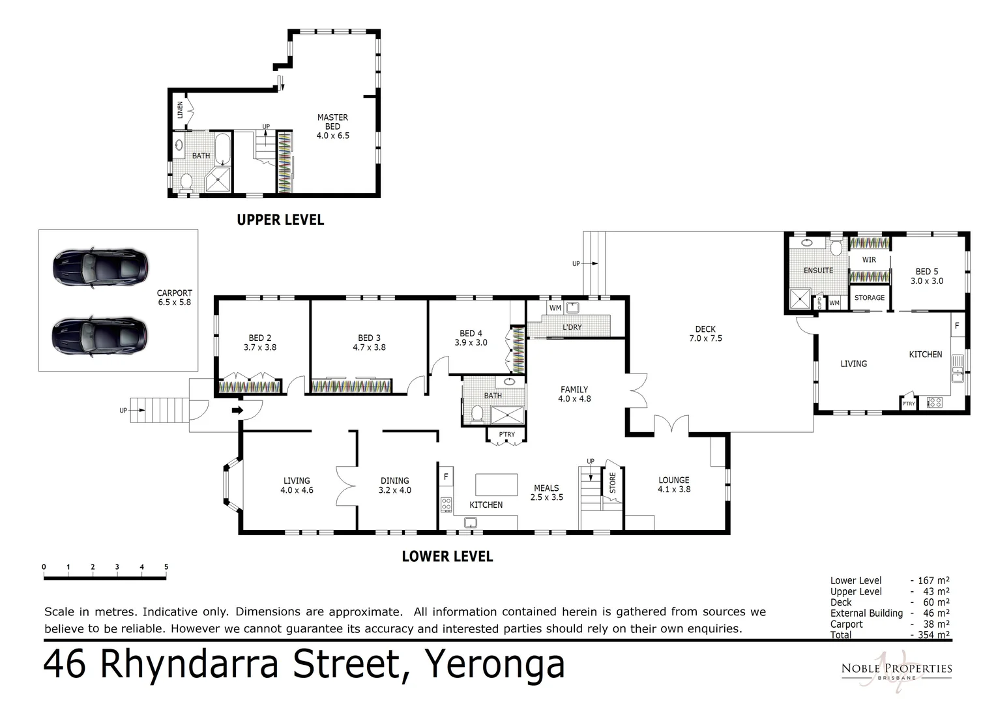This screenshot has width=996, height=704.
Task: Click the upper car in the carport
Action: [100, 267]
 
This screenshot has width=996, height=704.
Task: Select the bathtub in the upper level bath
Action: [223, 149]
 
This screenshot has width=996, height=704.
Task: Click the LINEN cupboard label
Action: [180, 110]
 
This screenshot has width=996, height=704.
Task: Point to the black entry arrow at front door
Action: [237, 410]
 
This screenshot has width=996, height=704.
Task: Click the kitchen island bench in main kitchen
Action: [496, 485]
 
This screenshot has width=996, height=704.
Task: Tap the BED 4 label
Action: [471, 338]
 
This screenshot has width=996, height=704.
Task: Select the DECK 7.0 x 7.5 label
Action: [705, 334]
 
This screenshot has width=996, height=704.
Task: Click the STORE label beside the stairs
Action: [612, 483]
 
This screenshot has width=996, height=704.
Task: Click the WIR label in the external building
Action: [869, 259]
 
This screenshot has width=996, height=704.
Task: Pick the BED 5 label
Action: [926, 276]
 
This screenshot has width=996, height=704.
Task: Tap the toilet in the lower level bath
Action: [476, 413]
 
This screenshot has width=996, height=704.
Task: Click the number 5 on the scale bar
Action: [166, 567]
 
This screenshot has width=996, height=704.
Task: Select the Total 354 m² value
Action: [933, 635]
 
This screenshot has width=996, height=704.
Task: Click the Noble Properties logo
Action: [896, 669]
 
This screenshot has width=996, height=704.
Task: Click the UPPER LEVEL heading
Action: [280, 220]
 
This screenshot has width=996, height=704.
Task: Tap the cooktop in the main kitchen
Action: [447, 504]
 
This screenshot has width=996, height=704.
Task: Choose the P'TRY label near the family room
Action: [506, 434]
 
